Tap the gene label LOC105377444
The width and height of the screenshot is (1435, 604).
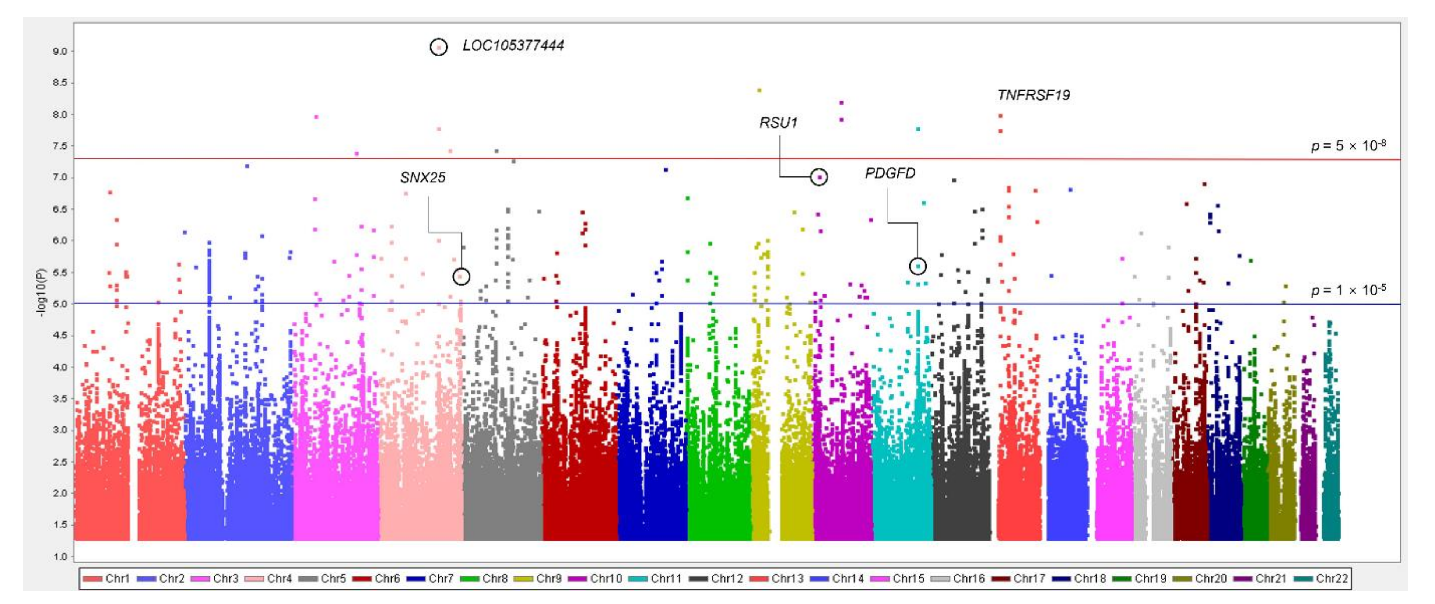point(513,46)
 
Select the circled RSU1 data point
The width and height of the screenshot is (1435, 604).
point(819,177)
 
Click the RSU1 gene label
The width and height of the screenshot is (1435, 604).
point(778,123)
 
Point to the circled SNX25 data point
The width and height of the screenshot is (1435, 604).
point(461,276)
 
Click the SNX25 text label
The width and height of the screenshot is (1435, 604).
point(423,178)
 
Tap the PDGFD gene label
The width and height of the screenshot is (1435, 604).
point(890,174)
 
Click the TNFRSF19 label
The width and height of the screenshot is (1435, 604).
point(1034,95)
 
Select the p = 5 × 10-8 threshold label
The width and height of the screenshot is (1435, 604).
point(1348,146)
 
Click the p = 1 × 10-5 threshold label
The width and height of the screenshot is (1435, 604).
point(1348,290)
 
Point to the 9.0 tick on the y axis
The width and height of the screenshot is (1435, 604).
point(60,51)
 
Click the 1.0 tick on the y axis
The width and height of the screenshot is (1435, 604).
point(60,556)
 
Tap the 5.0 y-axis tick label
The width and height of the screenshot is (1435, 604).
point(60,304)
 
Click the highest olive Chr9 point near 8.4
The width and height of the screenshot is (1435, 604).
point(759,90)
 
